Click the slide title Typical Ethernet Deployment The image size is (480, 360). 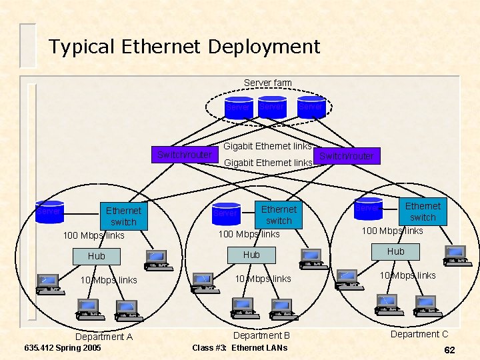pyautogui.click(x=184, y=47)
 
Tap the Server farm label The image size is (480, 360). pyautogui.click(x=267, y=83)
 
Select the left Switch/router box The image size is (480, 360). pyautogui.click(x=185, y=155)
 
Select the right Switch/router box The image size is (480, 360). pyautogui.click(x=346, y=156)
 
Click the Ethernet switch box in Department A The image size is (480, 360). pyautogui.click(x=123, y=216)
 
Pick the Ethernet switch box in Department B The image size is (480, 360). pyautogui.click(x=279, y=215)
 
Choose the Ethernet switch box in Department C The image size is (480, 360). pyautogui.click(x=423, y=211)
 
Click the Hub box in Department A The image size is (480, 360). pyautogui.click(x=97, y=256)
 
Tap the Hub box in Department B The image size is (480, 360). pyautogui.click(x=251, y=255)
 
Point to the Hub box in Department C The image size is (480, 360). pyautogui.click(x=396, y=251)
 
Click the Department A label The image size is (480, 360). pyautogui.click(x=104, y=337)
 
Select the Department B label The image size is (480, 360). pyautogui.click(x=261, y=335)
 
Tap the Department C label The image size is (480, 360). pyautogui.click(x=419, y=334)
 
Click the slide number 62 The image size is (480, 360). pyautogui.click(x=449, y=349)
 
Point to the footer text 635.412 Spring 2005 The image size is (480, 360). pyautogui.click(x=62, y=348)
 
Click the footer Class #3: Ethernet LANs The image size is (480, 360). pyautogui.click(x=239, y=347)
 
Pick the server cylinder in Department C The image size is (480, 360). pyautogui.click(x=368, y=208)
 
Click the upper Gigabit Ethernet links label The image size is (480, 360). pyautogui.click(x=267, y=146)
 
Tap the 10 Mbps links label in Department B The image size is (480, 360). pyautogui.click(x=263, y=279)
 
